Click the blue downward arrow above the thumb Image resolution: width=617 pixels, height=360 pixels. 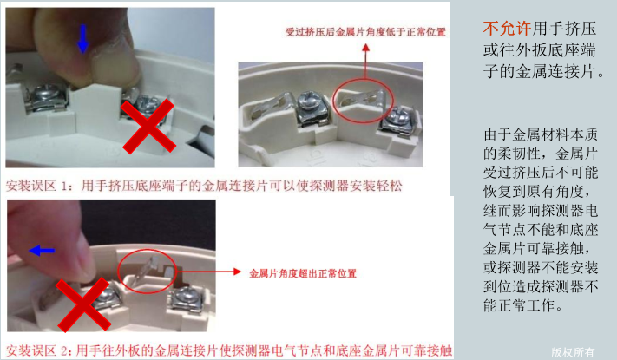[x=82, y=38]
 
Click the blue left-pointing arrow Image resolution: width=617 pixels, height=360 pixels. [x=42, y=250]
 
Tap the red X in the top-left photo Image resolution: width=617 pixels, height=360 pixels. [x=148, y=126]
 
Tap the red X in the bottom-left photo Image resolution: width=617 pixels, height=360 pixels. [x=84, y=305]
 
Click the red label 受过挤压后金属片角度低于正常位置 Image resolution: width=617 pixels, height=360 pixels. [x=365, y=32]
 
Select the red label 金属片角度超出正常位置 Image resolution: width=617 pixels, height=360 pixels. [x=303, y=273]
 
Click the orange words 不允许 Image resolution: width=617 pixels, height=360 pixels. [x=508, y=29]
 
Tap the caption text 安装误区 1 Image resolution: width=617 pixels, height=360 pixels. [x=37, y=185]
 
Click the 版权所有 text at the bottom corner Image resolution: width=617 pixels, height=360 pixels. [x=573, y=351]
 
